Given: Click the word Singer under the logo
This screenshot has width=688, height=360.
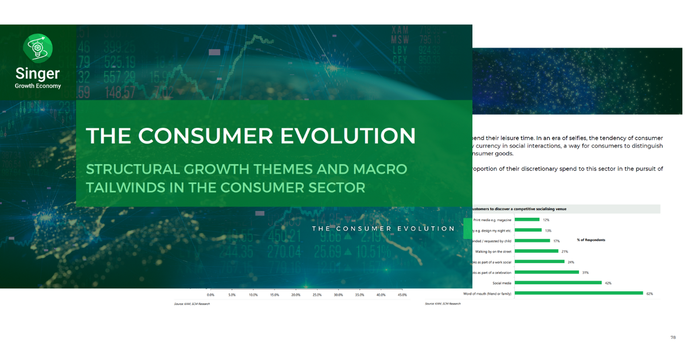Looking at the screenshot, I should coord(38,74).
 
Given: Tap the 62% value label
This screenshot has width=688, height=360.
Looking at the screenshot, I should coord(650,294).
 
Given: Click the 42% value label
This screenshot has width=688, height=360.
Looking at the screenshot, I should coord(608,283).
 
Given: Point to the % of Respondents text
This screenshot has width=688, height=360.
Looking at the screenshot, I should coord(591,240).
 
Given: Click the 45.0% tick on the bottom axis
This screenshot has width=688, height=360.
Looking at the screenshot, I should coord(402,295).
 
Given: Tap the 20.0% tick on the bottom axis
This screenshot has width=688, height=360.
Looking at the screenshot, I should coord(296,295).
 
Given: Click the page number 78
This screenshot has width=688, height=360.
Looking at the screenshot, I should coord(673,337).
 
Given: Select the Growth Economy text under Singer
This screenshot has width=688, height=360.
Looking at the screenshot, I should coord(38,86).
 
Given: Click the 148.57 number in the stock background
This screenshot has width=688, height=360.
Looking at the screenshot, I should coord(117,92).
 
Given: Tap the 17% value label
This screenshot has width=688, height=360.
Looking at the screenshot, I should coord(556,241).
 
